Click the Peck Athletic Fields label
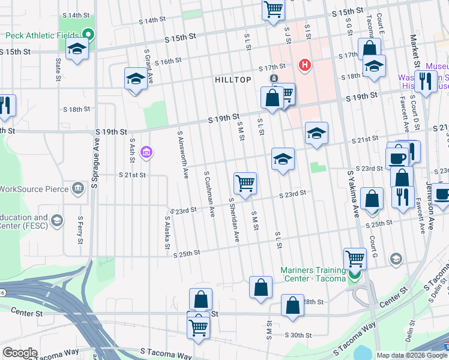[x=42, y=35]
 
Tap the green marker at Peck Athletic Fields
[x=89, y=35]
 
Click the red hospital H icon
[x=305, y=65]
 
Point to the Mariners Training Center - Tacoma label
[x=313, y=274]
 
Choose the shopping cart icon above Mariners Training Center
[x=355, y=259]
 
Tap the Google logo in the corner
[x=20, y=353]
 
